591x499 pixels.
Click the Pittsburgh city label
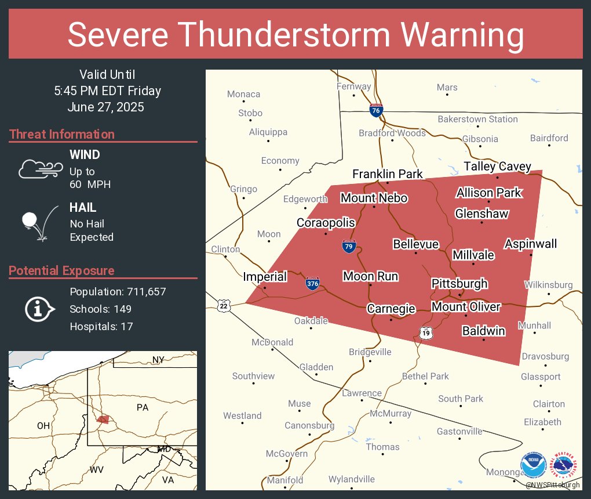(x=459, y=284)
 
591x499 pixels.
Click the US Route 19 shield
(x=426, y=332)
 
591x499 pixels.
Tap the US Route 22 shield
(x=224, y=305)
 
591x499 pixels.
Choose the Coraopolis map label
(x=326, y=223)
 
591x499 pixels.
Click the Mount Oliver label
(x=466, y=306)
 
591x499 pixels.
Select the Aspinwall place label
(x=530, y=244)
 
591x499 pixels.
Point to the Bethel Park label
(x=425, y=377)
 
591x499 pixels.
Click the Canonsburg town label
(x=309, y=426)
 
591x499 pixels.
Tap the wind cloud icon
(x=40, y=169)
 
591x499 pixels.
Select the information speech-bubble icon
(x=39, y=309)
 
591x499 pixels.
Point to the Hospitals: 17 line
(x=101, y=327)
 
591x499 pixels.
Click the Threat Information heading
(x=62, y=135)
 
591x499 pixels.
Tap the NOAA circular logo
(x=533, y=465)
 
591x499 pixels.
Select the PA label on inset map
(x=143, y=407)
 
